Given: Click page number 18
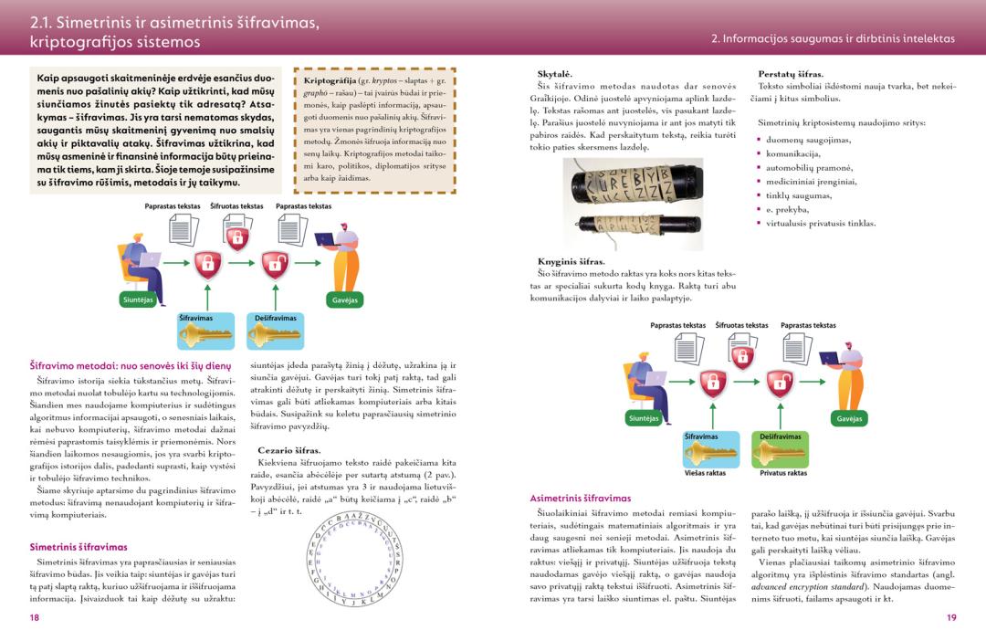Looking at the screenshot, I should pos(34,617).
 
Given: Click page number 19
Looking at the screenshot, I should pos(951,617).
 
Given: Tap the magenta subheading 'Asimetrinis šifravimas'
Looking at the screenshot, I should pos(580,498).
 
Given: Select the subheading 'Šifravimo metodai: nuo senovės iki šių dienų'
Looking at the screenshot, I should pos(123,365).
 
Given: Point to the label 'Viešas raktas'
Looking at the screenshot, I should pos(705,473).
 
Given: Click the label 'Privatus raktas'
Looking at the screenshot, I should pos(783,473).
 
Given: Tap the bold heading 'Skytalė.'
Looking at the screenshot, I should pos(554,73).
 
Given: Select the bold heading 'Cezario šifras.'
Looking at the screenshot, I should pos(289,450).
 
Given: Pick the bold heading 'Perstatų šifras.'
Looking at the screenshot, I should pos(791,74).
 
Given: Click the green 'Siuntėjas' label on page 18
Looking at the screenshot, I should pos(139,299).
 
